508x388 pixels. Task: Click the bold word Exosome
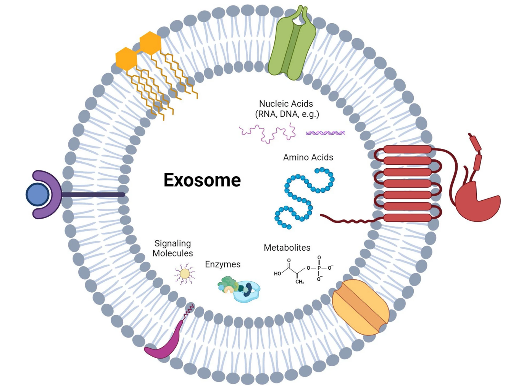[202, 180]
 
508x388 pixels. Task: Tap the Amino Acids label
[308, 157]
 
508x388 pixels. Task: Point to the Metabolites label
[287, 248]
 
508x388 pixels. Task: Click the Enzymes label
[223, 264]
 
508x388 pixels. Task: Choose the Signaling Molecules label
[173, 248]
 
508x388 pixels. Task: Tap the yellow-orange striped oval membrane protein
[360, 307]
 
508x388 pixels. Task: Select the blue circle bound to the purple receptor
[37, 195]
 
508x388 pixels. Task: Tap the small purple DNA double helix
[325, 133]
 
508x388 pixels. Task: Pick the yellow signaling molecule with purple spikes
[185, 274]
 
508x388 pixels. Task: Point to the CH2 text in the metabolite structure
[300, 282]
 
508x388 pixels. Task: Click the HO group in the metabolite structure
[277, 274]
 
